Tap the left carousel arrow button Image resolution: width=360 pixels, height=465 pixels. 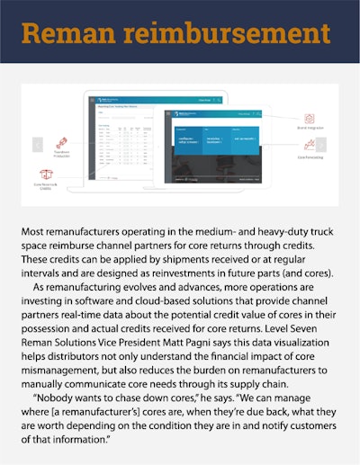[38, 144]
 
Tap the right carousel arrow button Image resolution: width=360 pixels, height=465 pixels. [321, 144]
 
